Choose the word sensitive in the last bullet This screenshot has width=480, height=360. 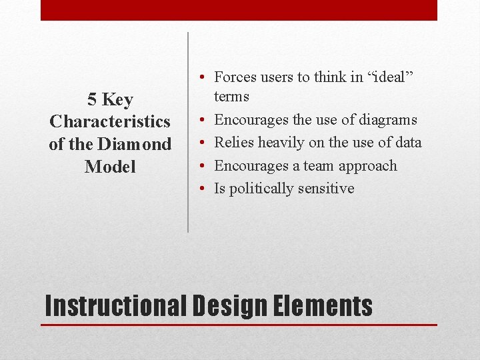326,189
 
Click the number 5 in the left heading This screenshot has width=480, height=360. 92,100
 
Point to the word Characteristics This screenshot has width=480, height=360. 110,122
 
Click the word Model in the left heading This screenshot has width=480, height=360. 110,167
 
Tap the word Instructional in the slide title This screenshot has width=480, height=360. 116,306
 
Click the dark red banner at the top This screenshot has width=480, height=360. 239,10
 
